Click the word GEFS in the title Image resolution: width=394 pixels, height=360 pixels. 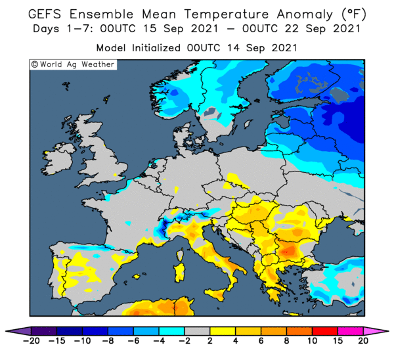pyautogui.click(x=45, y=14)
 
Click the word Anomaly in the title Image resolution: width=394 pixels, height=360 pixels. pyautogui.click(x=305, y=14)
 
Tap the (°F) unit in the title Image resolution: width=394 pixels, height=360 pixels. pyautogui.click(x=354, y=14)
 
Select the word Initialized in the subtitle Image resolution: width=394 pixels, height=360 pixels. pyautogui.click(x=156, y=48)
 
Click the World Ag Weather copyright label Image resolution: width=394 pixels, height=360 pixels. pyautogui.click(x=73, y=64)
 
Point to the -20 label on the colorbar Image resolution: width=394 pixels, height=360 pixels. pyautogui.click(x=31, y=341)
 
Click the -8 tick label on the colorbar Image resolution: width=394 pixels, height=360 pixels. pyautogui.click(x=108, y=341)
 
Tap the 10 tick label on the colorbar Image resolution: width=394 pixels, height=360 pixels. pyautogui.click(x=312, y=341)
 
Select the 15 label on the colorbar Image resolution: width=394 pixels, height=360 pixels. pyautogui.click(x=338, y=341)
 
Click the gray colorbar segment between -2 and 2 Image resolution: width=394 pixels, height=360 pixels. pyautogui.click(x=197, y=331)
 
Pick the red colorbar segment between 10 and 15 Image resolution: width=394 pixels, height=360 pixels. pyautogui.click(x=325, y=331)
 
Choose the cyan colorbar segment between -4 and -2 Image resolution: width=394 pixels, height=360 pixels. pyautogui.click(x=172, y=331)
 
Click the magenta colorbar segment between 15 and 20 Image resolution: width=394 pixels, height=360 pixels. pyautogui.click(x=351, y=331)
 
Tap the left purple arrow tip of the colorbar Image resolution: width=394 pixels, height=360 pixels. pyautogui.click(x=6, y=331)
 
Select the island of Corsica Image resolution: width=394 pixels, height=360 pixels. pyautogui.click(x=180, y=254)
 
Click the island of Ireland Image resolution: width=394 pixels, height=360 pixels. pyautogui.click(x=58, y=159)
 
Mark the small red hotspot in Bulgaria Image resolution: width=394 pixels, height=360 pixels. pyautogui.click(x=285, y=252)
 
